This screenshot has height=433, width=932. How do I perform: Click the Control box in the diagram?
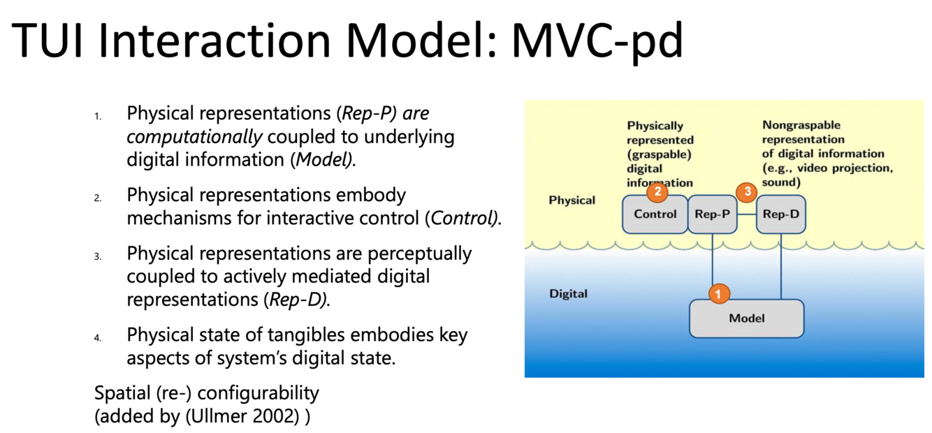tap(655, 214)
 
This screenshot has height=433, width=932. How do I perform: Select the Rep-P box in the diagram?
tap(713, 214)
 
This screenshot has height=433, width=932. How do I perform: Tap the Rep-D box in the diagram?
tap(780, 214)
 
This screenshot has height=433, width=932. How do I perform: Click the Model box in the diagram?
tap(746, 318)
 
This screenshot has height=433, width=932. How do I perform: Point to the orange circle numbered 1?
tap(719, 293)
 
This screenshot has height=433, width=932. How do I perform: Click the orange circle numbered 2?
tap(657, 191)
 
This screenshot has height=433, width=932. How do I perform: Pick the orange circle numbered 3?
tap(747, 191)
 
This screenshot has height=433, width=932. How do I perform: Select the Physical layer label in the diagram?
tap(572, 200)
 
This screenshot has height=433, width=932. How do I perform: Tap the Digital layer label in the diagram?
tap(569, 294)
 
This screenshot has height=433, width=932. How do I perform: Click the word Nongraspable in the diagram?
tap(792, 126)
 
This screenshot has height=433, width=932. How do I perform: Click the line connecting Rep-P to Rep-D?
tap(748, 214)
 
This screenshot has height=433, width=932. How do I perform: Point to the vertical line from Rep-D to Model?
tap(780, 265)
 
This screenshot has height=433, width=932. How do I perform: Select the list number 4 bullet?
tap(99, 338)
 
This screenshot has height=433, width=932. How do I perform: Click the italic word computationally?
tap(194, 136)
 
